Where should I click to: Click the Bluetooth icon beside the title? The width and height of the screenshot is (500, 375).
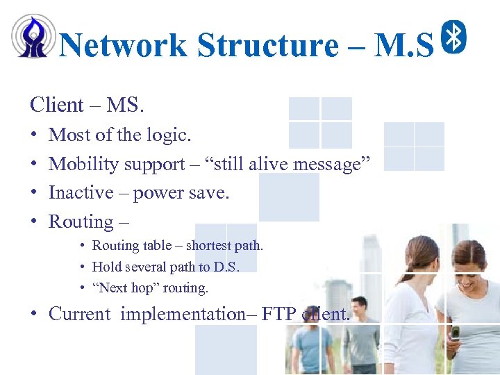click(x=454, y=37)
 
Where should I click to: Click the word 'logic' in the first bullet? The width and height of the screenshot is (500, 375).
click(x=167, y=135)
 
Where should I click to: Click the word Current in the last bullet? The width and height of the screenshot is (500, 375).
click(x=79, y=314)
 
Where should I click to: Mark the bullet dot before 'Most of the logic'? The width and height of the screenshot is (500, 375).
click(x=34, y=135)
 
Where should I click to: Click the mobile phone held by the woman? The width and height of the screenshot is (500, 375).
click(x=454, y=333)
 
